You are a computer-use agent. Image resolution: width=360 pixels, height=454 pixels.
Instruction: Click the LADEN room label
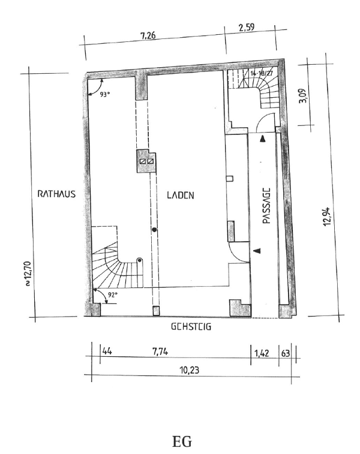pyautogui.click(x=181, y=195)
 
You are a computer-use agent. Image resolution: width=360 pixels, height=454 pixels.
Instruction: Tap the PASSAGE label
pyautogui.click(x=266, y=206)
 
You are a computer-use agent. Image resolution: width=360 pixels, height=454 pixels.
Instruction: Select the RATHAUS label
pyautogui.click(x=56, y=194)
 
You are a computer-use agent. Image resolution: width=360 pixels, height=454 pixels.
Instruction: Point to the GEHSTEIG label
pyautogui.click(x=191, y=327)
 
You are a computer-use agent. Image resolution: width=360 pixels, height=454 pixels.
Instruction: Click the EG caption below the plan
pyautogui.click(x=182, y=442)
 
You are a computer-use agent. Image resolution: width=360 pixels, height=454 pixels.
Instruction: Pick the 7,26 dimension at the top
pyautogui.click(x=148, y=35)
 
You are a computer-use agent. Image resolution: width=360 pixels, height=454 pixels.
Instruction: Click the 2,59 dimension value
pyautogui.click(x=247, y=28)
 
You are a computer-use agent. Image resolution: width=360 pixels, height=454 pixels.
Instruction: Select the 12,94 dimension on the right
pyautogui.click(x=326, y=217)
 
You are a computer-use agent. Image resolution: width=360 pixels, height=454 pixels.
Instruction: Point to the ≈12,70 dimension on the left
pyautogui.click(x=28, y=273)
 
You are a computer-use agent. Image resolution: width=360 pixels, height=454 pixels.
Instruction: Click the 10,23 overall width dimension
pyautogui.click(x=190, y=370)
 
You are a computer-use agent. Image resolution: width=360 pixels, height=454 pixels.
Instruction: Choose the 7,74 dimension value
pyautogui.click(x=160, y=352)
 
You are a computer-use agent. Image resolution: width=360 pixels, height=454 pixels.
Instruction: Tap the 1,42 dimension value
pyautogui.click(x=262, y=353)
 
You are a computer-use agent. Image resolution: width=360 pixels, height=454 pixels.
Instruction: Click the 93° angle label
pyautogui.click(x=105, y=94)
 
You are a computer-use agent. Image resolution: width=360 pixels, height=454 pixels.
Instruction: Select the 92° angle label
pyautogui.click(x=113, y=295)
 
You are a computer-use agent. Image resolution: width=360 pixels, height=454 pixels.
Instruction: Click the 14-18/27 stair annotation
pyautogui.click(x=262, y=73)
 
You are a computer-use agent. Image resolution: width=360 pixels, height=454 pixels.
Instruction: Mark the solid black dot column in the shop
pyautogui.click(x=154, y=230)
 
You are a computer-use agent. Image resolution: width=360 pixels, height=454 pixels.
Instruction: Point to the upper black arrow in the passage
pyautogui.click(x=263, y=139)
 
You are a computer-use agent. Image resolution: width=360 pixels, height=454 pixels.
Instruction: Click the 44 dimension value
pyautogui.click(x=107, y=351)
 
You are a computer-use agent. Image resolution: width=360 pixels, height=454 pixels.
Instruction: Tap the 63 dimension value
pyautogui.click(x=286, y=353)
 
